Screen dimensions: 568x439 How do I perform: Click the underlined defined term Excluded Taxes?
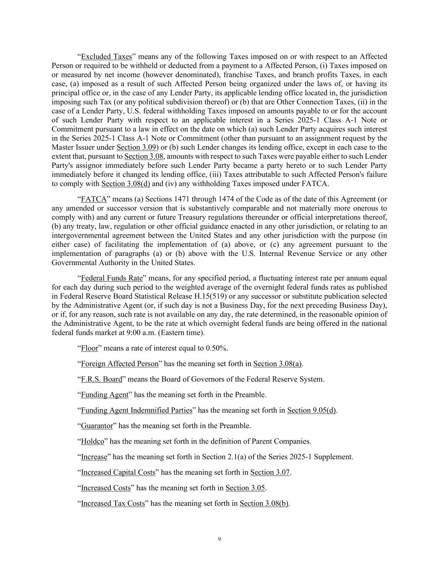point(106,57)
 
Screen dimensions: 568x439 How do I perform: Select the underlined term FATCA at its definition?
point(94,199)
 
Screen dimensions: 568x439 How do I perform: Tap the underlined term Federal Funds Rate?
point(112,278)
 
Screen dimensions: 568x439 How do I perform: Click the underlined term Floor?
point(89,348)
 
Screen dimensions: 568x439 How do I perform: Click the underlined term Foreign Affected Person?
point(119,364)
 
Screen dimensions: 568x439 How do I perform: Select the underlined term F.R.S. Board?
point(102,379)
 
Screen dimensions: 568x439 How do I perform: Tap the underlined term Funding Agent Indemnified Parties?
point(136,410)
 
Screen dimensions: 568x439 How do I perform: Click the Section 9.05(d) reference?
point(312,410)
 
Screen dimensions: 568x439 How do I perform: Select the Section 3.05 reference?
point(245,488)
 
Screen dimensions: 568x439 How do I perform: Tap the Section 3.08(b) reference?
point(264,504)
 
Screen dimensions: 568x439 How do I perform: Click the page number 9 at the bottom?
point(220,540)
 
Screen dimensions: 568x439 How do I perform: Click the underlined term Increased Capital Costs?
point(118,472)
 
